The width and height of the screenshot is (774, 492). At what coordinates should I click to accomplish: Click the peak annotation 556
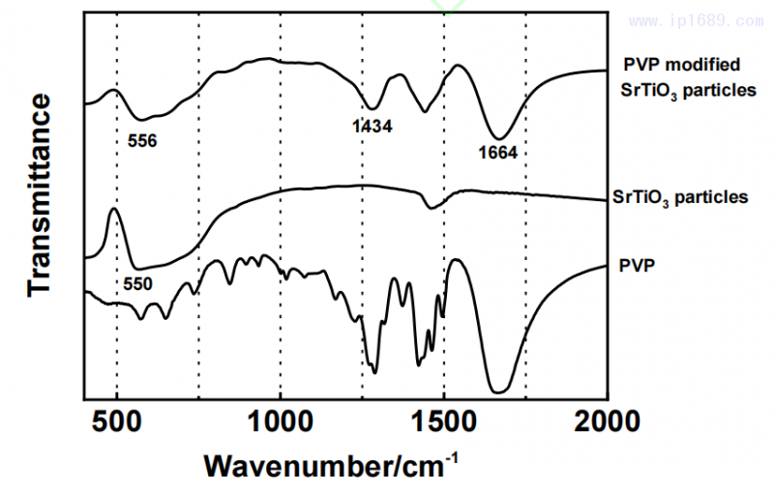tap(142, 140)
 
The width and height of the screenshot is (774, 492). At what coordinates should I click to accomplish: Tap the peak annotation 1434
tap(372, 125)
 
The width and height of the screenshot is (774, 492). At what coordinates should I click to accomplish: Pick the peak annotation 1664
tap(498, 152)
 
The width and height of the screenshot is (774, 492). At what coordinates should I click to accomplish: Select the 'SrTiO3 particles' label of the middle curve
tap(680, 197)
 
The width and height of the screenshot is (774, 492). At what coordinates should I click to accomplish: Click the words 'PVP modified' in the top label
tap(679, 66)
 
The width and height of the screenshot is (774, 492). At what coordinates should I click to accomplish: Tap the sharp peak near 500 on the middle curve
tap(114, 209)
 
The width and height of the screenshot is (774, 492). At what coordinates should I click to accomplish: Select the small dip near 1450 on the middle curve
tap(432, 207)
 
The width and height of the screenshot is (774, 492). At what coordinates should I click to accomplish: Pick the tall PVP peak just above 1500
tap(459, 262)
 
